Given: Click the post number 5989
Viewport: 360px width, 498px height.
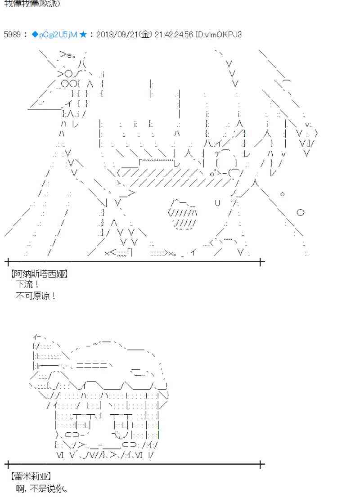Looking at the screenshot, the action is pos(12,35).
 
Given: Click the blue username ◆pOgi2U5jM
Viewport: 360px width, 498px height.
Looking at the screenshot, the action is pos(54,35).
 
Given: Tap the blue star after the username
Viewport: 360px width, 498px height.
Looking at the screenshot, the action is pos(83,35).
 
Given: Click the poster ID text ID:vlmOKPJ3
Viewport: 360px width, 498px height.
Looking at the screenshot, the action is pos(218,35).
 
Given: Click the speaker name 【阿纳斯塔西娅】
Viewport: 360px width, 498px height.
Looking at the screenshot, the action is pos(38,273).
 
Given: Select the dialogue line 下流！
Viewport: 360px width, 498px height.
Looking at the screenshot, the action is pos(27,284).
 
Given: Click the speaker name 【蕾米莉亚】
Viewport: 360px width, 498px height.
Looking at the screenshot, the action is pos(30,476).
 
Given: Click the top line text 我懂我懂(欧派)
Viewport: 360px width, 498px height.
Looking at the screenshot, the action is pos(31,4).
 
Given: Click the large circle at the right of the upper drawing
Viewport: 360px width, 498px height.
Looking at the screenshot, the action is pos(301,212).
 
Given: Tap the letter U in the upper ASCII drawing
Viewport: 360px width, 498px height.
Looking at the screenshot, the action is pos(217,203).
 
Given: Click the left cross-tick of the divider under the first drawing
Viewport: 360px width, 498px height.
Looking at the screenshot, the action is pos(8,261).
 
